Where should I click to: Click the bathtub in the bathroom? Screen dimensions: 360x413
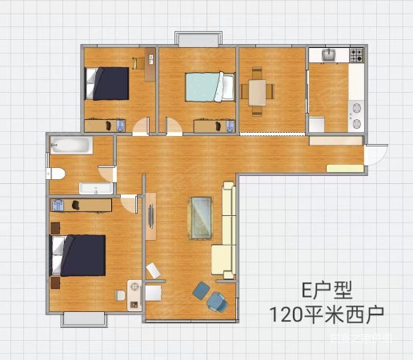70,146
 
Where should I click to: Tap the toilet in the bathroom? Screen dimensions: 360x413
55,174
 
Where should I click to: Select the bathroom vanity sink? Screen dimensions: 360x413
95,189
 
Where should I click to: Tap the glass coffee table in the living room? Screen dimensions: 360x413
199,217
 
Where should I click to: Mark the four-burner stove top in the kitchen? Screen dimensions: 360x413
355,55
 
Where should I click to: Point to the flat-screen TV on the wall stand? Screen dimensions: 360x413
149,217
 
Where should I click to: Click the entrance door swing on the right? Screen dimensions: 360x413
376,152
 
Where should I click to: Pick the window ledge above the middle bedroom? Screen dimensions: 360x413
198,39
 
